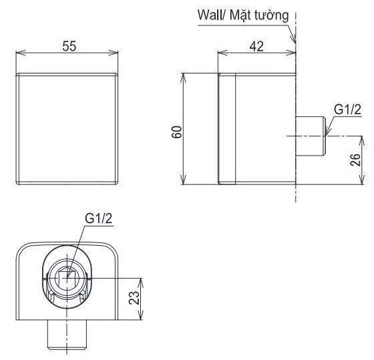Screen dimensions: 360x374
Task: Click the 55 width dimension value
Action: [69, 46]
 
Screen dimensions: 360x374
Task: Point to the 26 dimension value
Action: [355, 160]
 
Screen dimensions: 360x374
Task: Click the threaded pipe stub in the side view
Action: [311, 136]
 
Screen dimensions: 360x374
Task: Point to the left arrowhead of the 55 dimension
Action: [19, 53]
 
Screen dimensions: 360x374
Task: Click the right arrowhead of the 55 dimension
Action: [118, 53]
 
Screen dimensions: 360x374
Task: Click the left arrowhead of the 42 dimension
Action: [221, 53]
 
